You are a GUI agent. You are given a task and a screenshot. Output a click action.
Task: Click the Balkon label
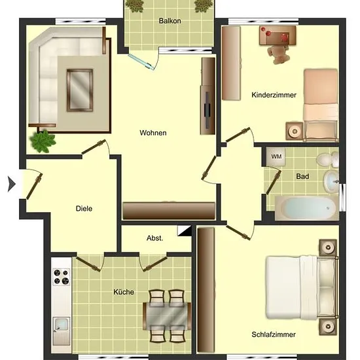(x=170, y=21)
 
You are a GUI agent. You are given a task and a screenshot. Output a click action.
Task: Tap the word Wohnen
(x=153, y=133)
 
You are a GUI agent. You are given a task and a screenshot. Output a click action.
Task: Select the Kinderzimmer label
(x=274, y=95)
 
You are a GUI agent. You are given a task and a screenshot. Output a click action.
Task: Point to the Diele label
(x=84, y=208)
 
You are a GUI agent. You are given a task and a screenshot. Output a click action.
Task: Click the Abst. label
(x=154, y=238)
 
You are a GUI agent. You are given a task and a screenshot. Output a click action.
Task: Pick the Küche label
(x=124, y=292)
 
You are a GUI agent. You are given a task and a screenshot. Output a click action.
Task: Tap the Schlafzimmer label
(x=274, y=334)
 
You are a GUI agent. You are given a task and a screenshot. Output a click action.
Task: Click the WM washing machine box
(x=276, y=156)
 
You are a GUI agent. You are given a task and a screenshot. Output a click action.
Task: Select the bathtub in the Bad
(x=307, y=208)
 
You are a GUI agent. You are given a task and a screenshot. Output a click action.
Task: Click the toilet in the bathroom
(x=328, y=159)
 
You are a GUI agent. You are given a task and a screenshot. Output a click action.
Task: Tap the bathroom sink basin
(x=331, y=181)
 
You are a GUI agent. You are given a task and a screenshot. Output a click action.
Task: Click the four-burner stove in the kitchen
(x=62, y=277)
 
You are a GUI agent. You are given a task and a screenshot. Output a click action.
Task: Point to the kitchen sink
(x=62, y=324)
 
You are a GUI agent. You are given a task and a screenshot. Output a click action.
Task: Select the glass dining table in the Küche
(x=167, y=315)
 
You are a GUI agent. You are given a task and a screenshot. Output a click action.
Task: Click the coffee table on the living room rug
(x=80, y=90)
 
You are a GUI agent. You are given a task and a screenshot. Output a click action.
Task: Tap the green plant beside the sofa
(x=43, y=141)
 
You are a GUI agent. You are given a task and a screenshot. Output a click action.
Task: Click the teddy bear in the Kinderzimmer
(x=278, y=54)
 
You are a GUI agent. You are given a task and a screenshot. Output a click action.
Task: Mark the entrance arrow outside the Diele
(x=12, y=184)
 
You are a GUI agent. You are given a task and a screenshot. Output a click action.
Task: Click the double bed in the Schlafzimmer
(x=302, y=288)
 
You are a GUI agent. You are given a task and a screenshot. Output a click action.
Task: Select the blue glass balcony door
(x=141, y=61)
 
